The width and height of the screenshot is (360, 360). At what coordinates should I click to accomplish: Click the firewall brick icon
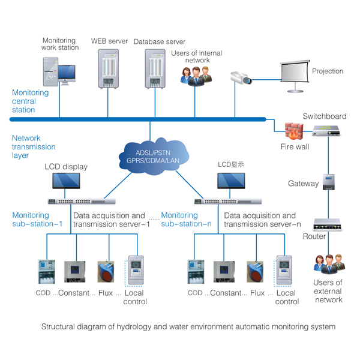click(294, 131)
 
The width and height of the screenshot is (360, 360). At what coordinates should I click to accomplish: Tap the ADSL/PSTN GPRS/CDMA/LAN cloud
click(154, 157)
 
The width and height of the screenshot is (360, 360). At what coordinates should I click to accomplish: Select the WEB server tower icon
click(109, 69)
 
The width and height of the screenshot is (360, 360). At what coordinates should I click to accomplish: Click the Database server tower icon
click(155, 69)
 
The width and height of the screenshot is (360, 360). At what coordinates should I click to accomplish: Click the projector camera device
click(241, 78)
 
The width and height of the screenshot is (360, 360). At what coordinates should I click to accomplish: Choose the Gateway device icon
click(329, 182)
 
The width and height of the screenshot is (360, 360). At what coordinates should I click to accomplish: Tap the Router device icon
click(328, 224)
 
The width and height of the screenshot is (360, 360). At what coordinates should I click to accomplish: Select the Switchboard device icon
click(326, 130)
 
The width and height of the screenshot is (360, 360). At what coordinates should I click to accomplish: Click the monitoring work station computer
click(59, 71)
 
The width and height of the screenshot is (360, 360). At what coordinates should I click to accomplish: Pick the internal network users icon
click(196, 76)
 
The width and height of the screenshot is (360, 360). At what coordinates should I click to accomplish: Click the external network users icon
click(329, 264)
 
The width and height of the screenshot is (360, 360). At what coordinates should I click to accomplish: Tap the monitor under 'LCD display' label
click(66, 181)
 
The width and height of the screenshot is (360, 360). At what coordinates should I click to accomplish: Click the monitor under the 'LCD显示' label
click(231, 181)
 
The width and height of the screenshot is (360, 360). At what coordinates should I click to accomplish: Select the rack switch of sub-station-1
click(82, 202)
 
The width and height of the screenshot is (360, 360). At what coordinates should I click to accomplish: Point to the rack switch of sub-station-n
click(228, 202)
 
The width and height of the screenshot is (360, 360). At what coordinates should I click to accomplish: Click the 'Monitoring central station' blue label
click(31, 101)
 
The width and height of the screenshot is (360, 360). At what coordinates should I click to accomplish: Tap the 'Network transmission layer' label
click(34, 146)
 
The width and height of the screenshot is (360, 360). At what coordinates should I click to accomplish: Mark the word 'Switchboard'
click(325, 116)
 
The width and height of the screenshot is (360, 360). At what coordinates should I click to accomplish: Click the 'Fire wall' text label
click(295, 146)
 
